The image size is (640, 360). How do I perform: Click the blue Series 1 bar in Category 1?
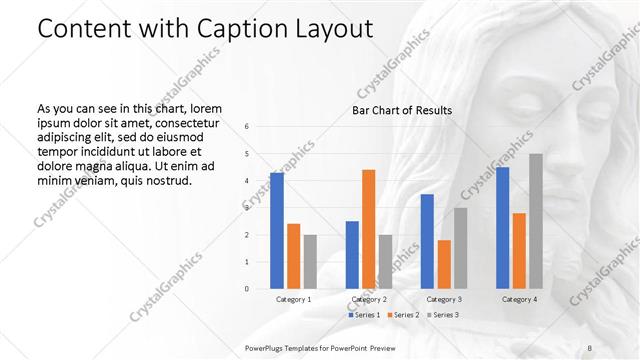point(276,231)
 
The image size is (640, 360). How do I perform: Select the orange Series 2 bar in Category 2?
point(368,229)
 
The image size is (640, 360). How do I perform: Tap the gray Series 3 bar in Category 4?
point(536,221)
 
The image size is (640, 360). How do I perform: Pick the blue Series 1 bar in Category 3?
point(427,241)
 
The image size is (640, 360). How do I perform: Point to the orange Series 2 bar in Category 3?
point(444,264)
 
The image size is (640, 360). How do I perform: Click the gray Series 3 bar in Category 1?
point(310,262)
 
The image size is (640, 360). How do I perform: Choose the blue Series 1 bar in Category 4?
point(502,228)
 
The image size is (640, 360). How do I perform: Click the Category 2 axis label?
point(369,299)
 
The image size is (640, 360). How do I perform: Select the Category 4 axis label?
point(519,299)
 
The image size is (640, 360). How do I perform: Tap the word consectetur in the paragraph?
point(183,120)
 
